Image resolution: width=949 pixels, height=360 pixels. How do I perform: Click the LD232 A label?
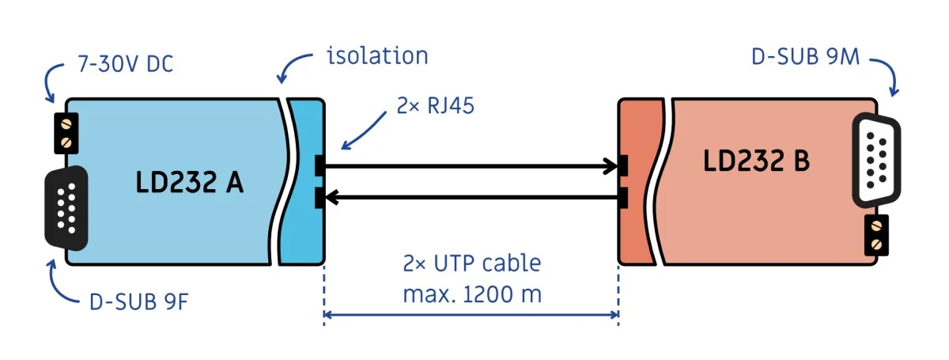189,182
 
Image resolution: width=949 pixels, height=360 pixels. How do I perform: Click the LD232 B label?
756,161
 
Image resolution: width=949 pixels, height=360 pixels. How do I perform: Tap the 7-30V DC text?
126,64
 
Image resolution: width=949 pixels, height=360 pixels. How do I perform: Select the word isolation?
377,56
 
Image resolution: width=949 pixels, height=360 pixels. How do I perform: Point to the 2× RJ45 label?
435,105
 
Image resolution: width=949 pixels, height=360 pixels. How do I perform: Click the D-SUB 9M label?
805,57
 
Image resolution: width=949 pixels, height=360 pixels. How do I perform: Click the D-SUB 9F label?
138,302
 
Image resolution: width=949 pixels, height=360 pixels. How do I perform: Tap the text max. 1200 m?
472,294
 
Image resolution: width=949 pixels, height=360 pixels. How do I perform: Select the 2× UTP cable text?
472,263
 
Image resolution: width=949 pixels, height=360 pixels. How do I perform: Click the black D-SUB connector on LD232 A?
66,208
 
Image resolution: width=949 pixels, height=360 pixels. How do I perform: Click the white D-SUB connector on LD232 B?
877,161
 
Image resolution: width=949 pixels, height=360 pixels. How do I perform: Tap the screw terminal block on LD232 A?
66,133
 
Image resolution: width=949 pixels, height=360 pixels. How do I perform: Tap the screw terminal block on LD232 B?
876,235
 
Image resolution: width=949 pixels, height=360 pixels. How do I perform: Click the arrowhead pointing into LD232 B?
611,166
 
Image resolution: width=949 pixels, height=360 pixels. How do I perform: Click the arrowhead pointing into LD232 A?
331,197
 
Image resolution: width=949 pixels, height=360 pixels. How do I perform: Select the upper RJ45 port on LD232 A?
319,166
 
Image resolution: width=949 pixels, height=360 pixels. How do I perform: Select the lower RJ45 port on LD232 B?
623,198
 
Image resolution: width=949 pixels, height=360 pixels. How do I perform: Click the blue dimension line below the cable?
471,315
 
